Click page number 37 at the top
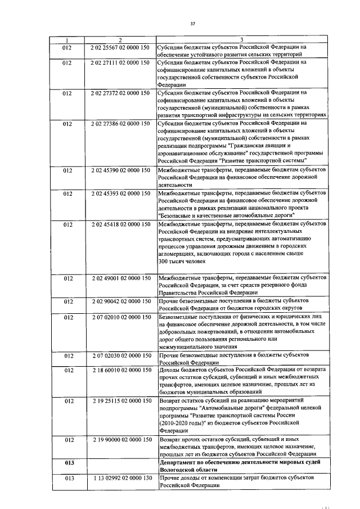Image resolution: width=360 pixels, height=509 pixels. point(192,24)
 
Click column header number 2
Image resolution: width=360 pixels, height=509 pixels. point(120,39)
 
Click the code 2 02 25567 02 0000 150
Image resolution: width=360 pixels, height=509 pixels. point(120,47)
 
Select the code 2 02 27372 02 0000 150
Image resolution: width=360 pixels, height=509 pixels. point(120,92)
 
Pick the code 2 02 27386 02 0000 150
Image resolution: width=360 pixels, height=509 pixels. point(120,122)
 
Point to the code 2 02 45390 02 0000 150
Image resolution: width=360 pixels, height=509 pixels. point(120,169)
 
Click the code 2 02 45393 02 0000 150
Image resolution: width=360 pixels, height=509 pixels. point(120,193)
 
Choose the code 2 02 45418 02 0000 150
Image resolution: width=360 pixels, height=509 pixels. point(120,224)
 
